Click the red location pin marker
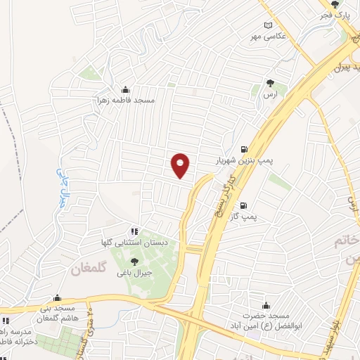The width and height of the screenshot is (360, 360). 181,165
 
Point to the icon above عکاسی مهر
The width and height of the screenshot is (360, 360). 267,25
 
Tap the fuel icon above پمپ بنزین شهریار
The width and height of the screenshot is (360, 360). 243,149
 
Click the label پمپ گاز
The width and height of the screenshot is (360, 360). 246,217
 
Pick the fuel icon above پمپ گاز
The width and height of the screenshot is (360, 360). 243,206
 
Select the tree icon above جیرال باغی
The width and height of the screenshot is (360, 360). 134,262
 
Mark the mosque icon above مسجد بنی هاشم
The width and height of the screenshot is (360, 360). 58,298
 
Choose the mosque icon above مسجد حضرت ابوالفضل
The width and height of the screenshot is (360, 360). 266,306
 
